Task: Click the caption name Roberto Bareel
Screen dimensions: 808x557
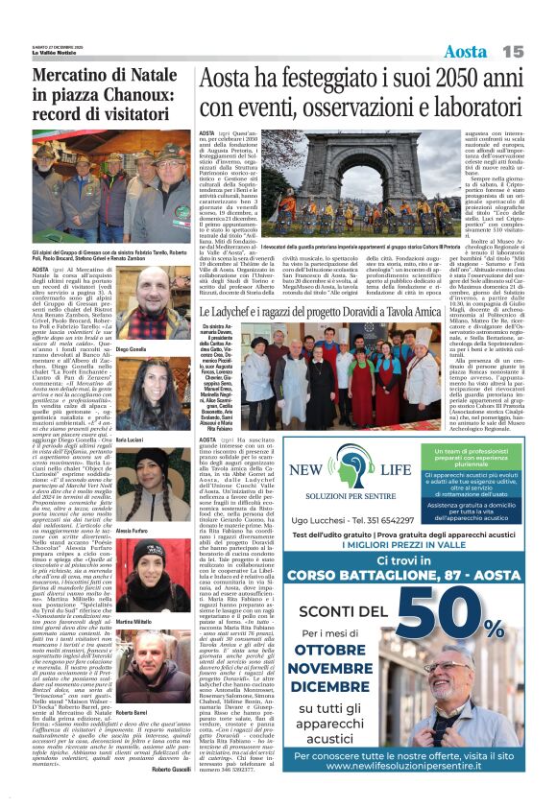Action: [x=131, y=714]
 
